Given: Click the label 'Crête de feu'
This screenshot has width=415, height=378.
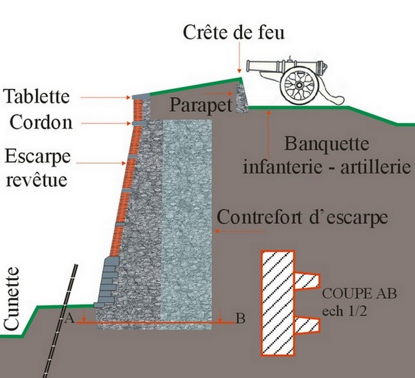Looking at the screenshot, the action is coord(234,33).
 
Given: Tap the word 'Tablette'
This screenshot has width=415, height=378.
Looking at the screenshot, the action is coord(36,96).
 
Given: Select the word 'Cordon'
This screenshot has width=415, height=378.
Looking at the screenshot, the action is coord(41,122).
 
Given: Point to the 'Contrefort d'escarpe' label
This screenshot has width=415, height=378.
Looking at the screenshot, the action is coord(302,217).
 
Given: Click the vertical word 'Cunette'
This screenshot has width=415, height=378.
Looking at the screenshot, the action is coord(11,299).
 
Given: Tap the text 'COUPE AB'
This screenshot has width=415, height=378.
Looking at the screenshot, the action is coord(359,294).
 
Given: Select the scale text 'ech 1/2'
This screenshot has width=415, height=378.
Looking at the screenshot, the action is coord(344,311).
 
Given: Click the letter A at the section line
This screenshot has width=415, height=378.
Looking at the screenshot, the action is coord(69,318).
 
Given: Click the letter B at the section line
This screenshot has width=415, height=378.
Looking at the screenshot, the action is coord(240,319).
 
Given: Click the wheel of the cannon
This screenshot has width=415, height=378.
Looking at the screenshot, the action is coord(299,85).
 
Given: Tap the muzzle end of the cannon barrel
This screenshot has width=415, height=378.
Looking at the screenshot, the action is coord(248,66).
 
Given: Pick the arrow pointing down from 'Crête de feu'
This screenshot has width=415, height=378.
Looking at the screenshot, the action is coord(239,58).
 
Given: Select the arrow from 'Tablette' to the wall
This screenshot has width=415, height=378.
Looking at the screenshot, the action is coord(105,98).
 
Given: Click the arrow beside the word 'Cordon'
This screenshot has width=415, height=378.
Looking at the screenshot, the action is coord(106,123).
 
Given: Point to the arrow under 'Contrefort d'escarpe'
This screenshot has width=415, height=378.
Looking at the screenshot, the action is coord(239,231).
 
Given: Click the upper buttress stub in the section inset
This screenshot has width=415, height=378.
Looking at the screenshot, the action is coord(307,281).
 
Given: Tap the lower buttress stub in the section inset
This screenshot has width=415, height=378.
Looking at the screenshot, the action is coord(307,326).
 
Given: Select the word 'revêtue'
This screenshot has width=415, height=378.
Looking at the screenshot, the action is coord(36,180).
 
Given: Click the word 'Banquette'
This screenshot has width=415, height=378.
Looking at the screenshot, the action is coord(327,144).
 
